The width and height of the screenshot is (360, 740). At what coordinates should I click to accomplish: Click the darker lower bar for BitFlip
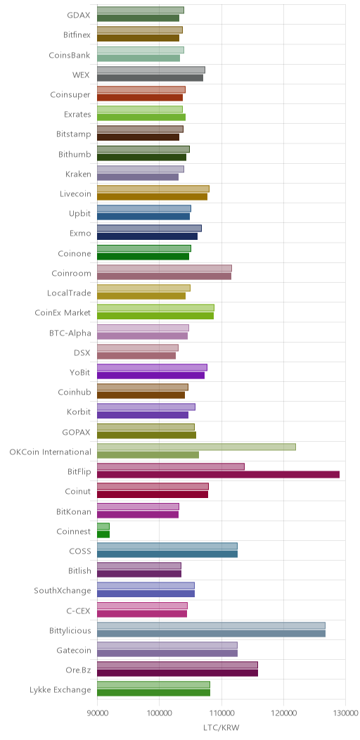[x=219, y=474]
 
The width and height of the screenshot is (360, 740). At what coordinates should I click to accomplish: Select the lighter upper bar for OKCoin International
[x=196, y=447]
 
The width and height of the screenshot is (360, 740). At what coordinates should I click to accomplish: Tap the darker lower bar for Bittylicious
[x=212, y=633]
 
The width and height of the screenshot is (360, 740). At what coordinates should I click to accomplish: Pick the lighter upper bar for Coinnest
[x=103, y=526]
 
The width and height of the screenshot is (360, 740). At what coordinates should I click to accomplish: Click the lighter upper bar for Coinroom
[x=165, y=268]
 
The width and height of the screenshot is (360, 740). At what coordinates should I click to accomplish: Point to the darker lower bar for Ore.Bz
[x=177, y=673]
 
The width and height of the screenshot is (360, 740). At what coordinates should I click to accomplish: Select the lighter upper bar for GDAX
[x=141, y=10]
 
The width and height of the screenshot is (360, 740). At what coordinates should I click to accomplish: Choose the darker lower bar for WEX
[x=150, y=78]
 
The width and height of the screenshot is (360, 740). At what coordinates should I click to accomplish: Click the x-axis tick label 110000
[x=221, y=711]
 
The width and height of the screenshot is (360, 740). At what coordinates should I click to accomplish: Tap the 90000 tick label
[x=97, y=711]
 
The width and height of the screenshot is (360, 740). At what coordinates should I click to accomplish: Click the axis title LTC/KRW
[x=221, y=727]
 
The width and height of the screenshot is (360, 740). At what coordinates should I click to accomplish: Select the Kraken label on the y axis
[x=78, y=174]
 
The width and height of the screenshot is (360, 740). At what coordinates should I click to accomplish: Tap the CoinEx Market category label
[x=63, y=312]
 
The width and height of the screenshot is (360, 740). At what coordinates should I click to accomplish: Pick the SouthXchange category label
[x=63, y=590]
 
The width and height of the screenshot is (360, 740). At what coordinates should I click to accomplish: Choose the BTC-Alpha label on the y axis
[x=69, y=332]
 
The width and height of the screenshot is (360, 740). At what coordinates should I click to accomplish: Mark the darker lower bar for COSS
[x=167, y=554]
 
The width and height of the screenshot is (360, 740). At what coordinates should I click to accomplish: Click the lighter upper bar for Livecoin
[x=153, y=189]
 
